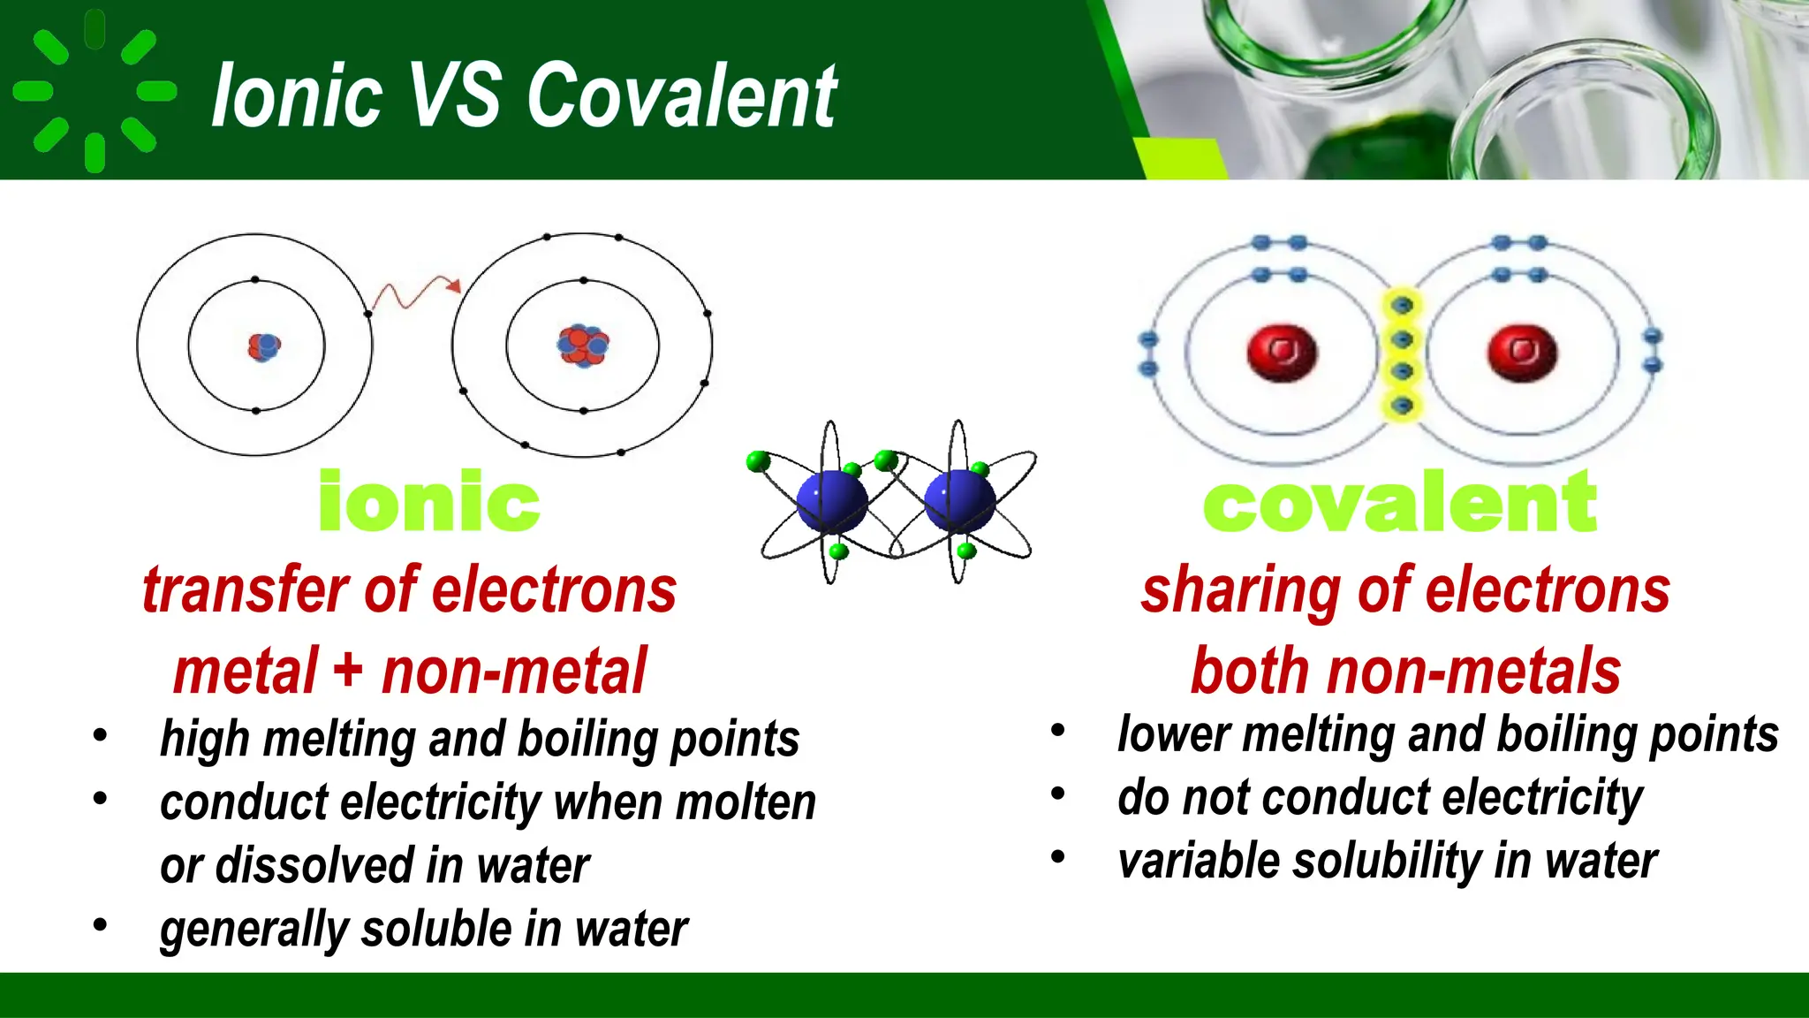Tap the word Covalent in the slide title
(681, 95)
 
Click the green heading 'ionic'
(428, 502)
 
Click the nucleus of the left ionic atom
(263, 346)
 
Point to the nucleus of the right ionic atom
(583, 346)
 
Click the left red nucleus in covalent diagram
(1282, 352)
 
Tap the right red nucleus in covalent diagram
(1521, 352)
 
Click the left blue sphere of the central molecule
(830, 502)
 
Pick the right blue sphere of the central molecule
(959, 502)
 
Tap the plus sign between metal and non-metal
(348, 670)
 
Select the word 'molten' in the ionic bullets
(746, 802)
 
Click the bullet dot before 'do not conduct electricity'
(1058, 794)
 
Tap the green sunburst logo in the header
(95, 91)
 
